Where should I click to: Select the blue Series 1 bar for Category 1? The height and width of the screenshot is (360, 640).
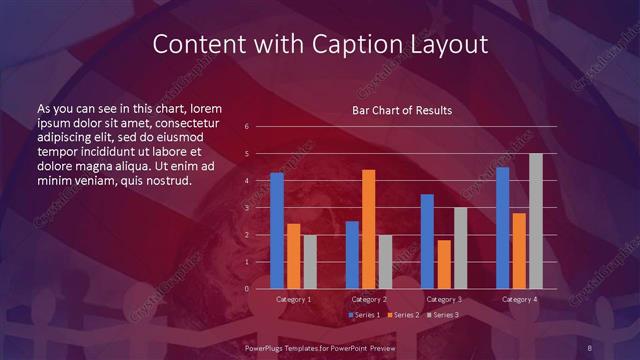point(277,231)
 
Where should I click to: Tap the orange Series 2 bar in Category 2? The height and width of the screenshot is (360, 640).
point(368,229)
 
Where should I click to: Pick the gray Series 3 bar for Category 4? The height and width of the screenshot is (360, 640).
point(536,221)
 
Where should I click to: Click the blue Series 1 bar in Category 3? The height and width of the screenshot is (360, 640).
point(427,241)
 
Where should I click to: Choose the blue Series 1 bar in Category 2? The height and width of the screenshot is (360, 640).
point(352,255)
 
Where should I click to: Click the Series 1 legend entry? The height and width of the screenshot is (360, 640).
point(365,315)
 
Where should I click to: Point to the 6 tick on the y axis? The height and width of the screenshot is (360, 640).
point(246,127)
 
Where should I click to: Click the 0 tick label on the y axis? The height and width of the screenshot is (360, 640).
point(246,289)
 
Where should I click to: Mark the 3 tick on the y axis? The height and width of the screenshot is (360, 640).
point(246,208)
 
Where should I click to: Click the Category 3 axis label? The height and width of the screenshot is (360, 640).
point(444,299)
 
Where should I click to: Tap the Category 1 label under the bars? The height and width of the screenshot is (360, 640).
point(294,299)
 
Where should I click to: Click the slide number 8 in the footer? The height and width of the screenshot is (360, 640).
point(591,347)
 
